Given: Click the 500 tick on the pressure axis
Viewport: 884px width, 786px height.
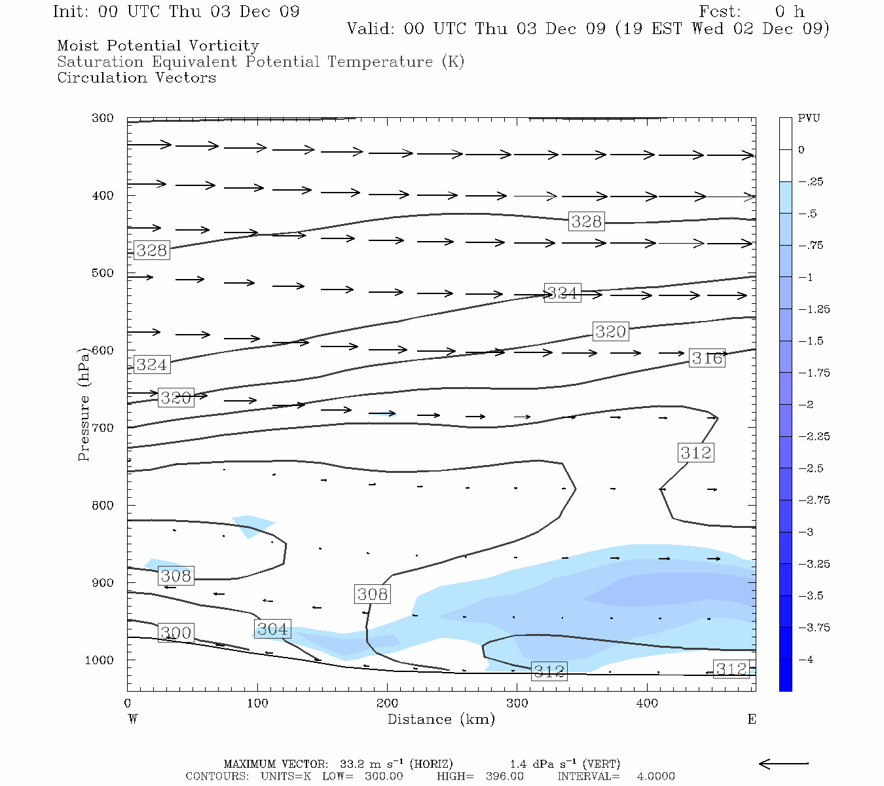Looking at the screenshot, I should pyautogui.click(x=102, y=273).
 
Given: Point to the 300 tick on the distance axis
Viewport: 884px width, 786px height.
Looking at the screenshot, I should pyautogui.click(x=517, y=703).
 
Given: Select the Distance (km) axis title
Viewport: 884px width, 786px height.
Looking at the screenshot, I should pyautogui.click(x=441, y=719).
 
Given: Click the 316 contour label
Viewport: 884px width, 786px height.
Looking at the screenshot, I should pyautogui.click(x=707, y=358).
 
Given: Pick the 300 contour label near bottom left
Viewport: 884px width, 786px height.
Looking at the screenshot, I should pyautogui.click(x=176, y=633).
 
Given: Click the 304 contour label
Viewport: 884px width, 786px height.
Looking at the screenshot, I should pyautogui.click(x=272, y=629).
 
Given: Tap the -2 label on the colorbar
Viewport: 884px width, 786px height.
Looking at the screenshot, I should pyautogui.click(x=805, y=405).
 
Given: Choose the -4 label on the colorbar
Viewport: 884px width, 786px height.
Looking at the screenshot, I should pyautogui.click(x=805, y=660).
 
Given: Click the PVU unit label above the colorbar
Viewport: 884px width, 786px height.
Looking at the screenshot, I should pyautogui.click(x=809, y=119).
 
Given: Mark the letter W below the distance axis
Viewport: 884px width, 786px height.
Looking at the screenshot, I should pyautogui.click(x=132, y=719).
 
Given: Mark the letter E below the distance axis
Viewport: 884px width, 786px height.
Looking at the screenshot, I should pyautogui.click(x=752, y=719).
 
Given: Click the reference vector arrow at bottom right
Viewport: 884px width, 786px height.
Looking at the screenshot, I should pyautogui.click(x=783, y=763).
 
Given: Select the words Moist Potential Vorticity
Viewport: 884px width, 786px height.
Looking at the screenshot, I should pyautogui.click(x=158, y=46).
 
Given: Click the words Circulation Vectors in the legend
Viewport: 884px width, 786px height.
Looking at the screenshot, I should pyautogui.click(x=136, y=78).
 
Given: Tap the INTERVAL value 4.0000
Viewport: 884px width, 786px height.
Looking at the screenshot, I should pyautogui.click(x=655, y=776).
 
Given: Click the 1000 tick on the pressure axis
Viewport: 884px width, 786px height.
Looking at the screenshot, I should pyautogui.click(x=99, y=660).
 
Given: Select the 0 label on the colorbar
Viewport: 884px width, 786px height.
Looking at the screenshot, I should pyautogui.click(x=801, y=150).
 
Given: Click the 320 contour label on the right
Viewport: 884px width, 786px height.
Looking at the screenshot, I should pyautogui.click(x=610, y=331).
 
